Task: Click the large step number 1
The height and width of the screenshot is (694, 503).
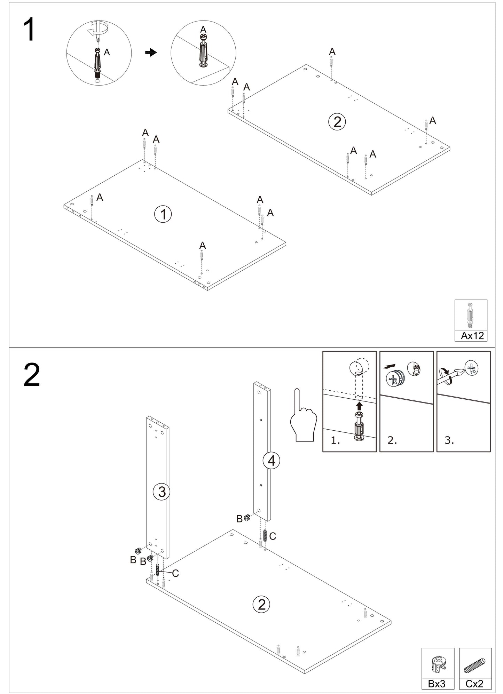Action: coord(30,30)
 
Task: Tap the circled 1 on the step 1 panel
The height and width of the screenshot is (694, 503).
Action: coord(163,214)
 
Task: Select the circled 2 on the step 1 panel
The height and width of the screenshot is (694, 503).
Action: coord(337,122)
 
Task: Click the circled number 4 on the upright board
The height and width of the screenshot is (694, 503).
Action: coord(272,461)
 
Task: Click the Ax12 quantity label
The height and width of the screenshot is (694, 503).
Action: coord(472,336)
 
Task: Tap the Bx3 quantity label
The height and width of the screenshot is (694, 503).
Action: coord(437,684)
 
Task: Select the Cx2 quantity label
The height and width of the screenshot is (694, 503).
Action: coord(474,684)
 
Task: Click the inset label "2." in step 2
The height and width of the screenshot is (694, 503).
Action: coord(392,440)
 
